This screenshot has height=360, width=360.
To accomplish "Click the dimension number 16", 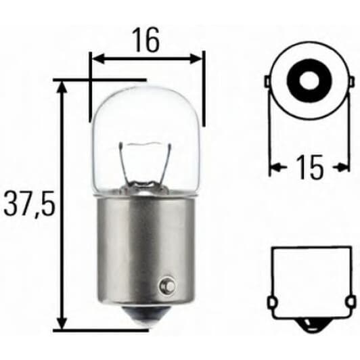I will pyautogui.click(x=145, y=41).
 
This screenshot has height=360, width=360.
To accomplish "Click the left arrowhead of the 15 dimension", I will pyautogui.click(x=274, y=166).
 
